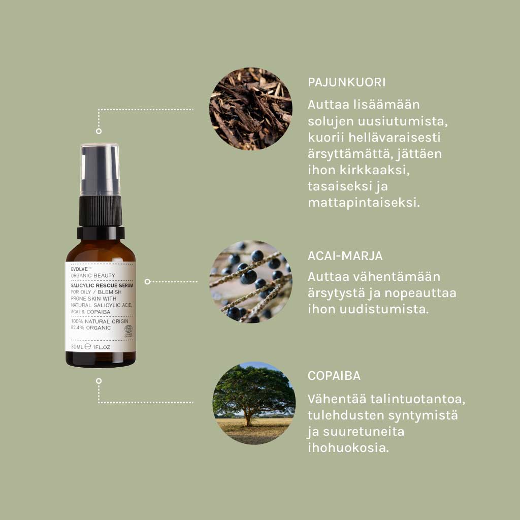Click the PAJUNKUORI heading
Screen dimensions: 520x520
click(x=346, y=83)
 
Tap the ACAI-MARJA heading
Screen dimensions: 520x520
click(x=345, y=255)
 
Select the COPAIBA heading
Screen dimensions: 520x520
click(x=334, y=376)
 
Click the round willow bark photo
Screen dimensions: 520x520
click(x=251, y=109)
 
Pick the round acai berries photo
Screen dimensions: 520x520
click(x=251, y=281)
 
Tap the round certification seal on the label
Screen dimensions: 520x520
click(x=128, y=330)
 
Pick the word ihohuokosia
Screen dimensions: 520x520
click(x=348, y=448)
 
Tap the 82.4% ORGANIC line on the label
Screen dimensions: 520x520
click(x=90, y=328)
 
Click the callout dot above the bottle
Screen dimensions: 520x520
click(x=99, y=131)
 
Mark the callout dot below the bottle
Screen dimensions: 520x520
click(x=99, y=380)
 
